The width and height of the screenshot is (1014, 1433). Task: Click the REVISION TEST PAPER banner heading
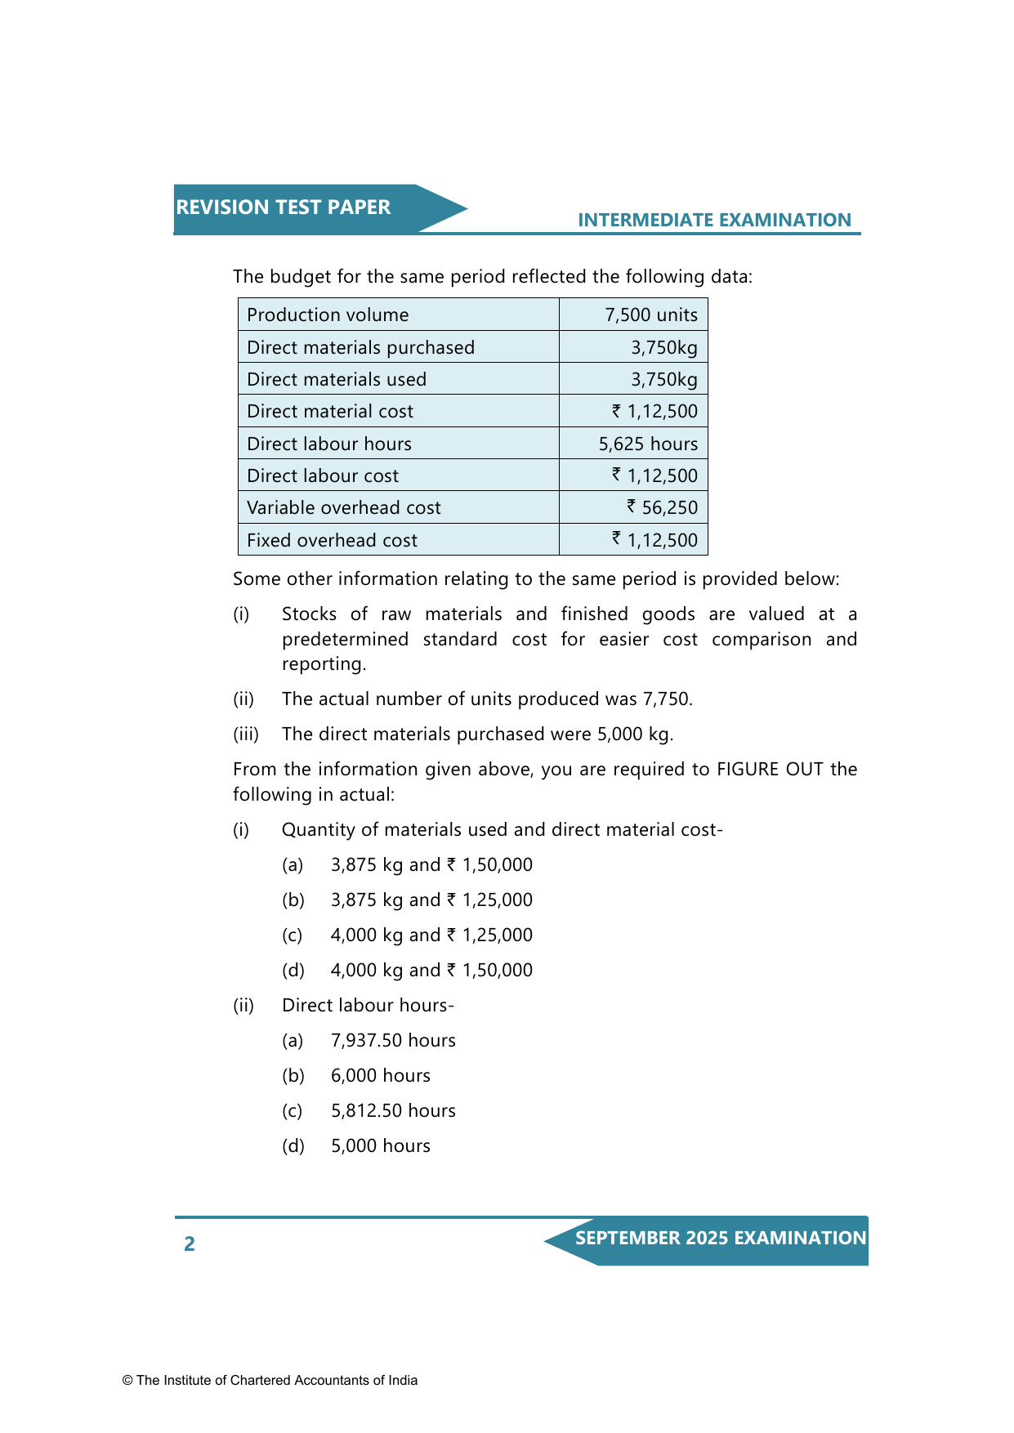click(284, 208)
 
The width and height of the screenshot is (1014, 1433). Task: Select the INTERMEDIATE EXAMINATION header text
click(714, 220)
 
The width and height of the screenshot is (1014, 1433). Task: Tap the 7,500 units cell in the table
click(650, 315)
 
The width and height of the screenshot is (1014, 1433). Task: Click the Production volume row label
click(328, 315)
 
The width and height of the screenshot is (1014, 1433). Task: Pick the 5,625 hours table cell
click(648, 444)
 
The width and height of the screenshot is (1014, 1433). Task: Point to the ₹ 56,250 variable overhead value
click(662, 508)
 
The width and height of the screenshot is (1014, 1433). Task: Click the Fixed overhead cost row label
click(332, 541)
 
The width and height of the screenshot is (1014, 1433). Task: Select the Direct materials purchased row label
click(360, 348)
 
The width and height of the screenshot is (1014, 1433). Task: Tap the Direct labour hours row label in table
click(329, 444)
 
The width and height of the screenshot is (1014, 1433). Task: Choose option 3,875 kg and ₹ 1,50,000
click(431, 865)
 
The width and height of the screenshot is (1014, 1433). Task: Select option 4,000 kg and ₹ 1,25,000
click(431, 935)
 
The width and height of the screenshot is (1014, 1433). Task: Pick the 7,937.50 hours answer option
click(393, 1041)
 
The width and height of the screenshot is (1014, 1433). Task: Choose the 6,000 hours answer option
click(380, 1076)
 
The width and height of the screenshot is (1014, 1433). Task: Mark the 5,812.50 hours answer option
click(393, 1111)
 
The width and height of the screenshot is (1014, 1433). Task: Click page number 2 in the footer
click(190, 1244)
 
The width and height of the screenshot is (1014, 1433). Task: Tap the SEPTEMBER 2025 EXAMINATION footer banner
click(720, 1239)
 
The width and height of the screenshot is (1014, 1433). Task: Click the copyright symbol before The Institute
click(127, 1381)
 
